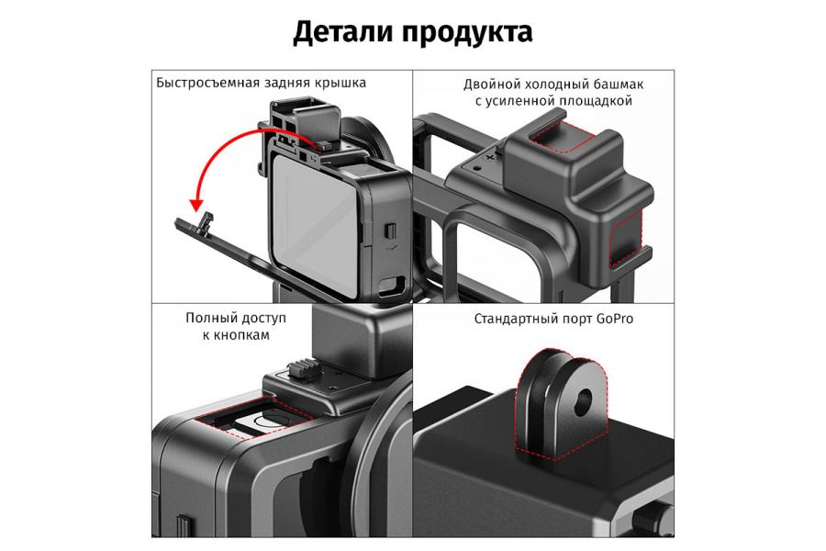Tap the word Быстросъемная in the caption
tap(208, 83)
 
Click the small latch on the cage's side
tap(389, 231)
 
